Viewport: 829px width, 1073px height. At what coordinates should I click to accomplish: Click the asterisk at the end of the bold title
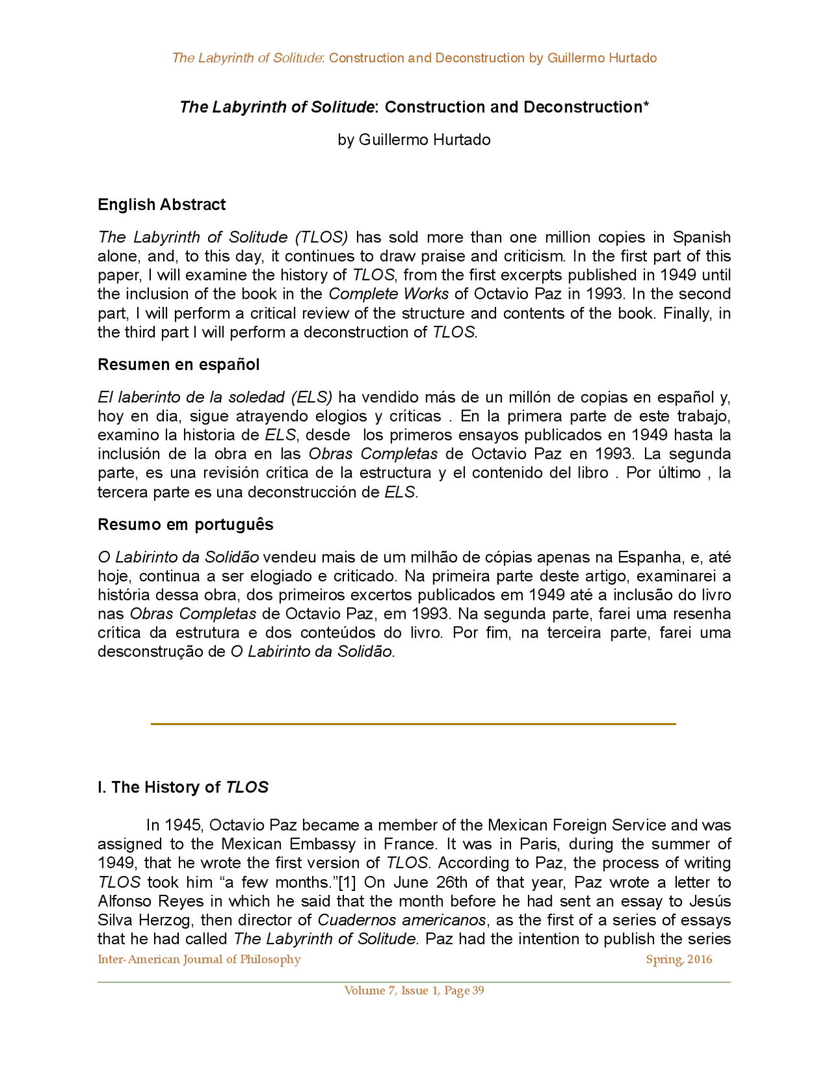click(646, 105)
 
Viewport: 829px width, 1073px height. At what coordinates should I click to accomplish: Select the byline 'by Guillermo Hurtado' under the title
click(414, 140)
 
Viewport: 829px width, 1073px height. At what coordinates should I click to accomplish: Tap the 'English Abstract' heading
click(161, 205)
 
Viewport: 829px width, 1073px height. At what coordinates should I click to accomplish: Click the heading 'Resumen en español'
click(178, 365)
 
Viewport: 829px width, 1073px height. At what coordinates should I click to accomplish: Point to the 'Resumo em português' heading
click(185, 524)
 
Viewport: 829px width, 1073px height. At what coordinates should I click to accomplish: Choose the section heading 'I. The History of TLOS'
click(183, 787)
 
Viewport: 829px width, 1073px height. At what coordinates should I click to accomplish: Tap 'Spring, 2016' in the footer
click(679, 960)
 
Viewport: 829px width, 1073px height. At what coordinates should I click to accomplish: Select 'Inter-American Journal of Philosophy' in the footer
click(199, 960)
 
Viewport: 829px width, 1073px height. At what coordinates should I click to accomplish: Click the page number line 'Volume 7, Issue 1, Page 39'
click(414, 991)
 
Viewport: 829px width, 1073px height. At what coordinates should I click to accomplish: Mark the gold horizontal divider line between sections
click(413, 724)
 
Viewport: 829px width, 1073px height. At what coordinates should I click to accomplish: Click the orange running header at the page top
click(414, 58)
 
